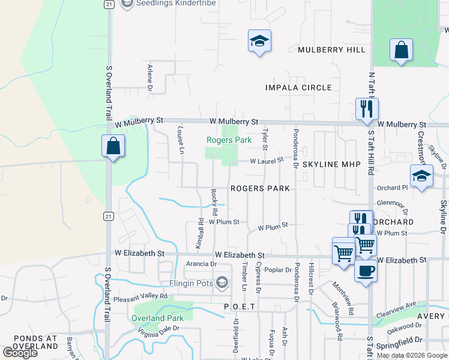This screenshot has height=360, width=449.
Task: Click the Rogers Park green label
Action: click(x=228, y=140)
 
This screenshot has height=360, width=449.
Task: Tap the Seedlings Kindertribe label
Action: click(x=167, y=4)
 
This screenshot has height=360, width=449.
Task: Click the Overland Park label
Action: click(x=157, y=318)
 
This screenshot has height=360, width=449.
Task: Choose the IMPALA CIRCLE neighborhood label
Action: click(x=298, y=88)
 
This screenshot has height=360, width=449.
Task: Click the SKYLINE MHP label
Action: click(x=331, y=164)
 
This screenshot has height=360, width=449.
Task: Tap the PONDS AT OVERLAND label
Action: click(x=28, y=342)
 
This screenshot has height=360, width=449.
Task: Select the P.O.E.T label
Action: click(x=240, y=307)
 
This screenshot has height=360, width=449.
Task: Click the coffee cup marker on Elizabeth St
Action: click(x=365, y=271)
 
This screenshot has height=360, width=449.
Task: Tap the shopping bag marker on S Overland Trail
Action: click(x=113, y=146)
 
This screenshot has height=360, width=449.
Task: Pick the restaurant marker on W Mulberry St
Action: click(x=367, y=109)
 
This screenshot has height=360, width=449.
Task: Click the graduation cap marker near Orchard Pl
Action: click(x=421, y=176)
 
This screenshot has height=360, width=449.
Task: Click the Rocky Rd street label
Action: click(x=214, y=202)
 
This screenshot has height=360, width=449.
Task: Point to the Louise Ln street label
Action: click(x=180, y=139)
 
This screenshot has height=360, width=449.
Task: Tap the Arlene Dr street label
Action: click(x=150, y=75)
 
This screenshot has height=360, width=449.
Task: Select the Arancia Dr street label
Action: click(x=201, y=263)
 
